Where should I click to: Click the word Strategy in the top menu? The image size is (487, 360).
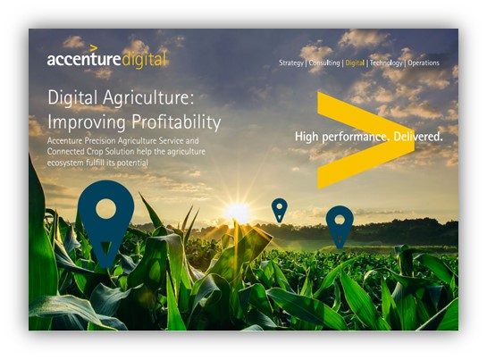tap(291, 63)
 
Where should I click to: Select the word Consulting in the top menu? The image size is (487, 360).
tap(324, 63)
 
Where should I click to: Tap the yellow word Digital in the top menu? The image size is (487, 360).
tap(355, 63)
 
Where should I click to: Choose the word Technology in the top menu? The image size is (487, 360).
tap(386, 63)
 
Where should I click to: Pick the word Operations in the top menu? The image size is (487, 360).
tap(424, 63)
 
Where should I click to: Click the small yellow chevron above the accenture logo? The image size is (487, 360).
tap(94, 48)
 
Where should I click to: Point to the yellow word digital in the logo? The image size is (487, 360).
tap(144, 60)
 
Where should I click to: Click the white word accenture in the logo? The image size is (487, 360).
tap(83, 59)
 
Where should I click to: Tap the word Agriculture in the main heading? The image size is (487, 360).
tap(148, 98)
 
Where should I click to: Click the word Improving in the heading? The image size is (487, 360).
tap(87, 122)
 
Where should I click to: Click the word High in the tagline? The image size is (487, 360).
tap(306, 137)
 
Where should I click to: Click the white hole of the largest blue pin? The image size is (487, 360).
tap(106, 209)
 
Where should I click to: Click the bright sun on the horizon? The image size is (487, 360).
tap(238, 213)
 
